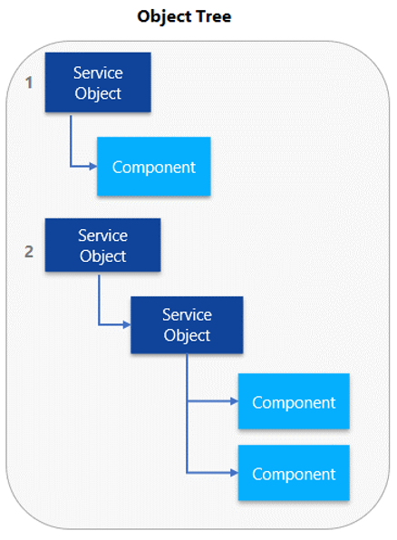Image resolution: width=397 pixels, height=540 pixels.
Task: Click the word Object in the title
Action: tap(166, 16)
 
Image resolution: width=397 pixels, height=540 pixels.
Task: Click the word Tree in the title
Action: tap(214, 16)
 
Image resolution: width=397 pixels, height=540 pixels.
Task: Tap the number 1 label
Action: tap(29, 82)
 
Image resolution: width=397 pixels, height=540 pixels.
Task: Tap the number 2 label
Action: tap(29, 251)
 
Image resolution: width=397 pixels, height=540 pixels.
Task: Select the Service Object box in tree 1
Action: tap(98, 82)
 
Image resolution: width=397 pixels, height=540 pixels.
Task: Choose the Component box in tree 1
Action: tap(153, 167)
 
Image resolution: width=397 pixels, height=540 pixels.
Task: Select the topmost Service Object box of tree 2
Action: tap(102, 245)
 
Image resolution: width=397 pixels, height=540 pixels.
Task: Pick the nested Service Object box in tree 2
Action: tap(187, 324)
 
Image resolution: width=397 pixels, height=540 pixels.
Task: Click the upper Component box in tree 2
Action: tap(293, 401)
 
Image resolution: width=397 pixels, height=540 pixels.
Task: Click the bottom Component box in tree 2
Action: tap(293, 473)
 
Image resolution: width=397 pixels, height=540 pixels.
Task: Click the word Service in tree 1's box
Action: tap(98, 72)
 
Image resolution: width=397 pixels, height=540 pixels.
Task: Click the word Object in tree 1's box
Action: tap(98, 92)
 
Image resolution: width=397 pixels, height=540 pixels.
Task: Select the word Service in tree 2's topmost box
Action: tap(102, 236)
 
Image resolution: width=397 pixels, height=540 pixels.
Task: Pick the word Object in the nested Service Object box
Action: tap(187, 334)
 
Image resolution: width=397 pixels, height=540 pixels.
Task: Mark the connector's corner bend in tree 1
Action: tap(71, 167)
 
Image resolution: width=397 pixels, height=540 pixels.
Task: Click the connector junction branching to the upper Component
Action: tap(187, 401)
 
